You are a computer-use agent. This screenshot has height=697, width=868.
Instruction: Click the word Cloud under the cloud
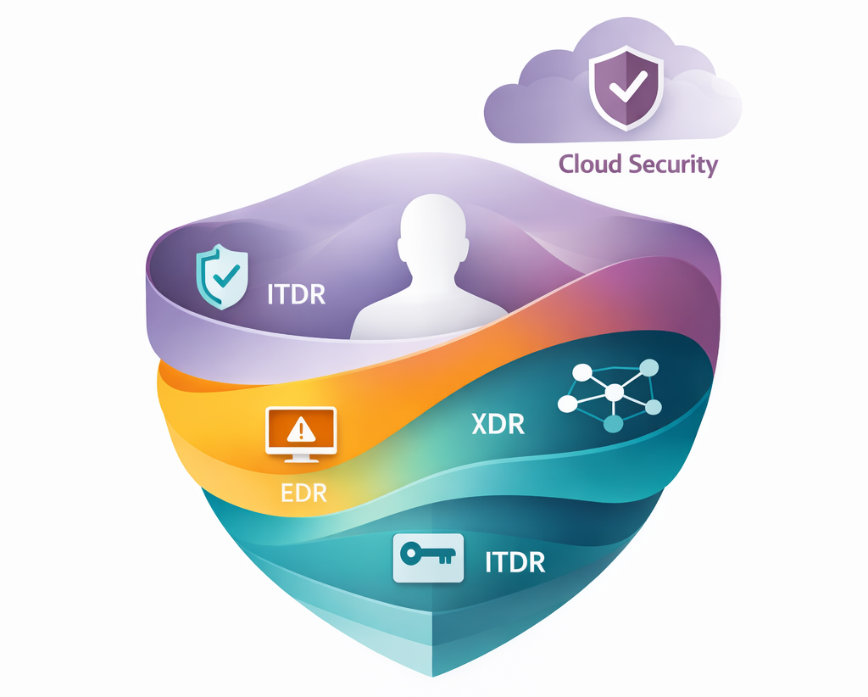click(x=589, y=164)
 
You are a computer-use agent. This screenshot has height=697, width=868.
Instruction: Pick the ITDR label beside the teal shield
click(x=297, y=295)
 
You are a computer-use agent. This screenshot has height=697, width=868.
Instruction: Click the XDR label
click(x=498, y=423)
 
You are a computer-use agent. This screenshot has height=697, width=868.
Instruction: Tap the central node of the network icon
click(x=614, y=393)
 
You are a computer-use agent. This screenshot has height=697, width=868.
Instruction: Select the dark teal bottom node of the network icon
click(x=614, y=422)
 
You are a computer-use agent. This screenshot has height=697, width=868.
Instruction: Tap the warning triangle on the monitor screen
click(x=301, y=431)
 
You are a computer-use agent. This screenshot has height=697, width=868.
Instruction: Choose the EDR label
click(x=303, y=493)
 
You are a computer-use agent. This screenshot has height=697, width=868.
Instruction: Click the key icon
click(x=429, y=557)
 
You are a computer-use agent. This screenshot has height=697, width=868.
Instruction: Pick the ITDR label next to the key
click(x=515, y=561)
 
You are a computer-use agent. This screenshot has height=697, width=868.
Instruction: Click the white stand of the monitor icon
click(x=301, y=457)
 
